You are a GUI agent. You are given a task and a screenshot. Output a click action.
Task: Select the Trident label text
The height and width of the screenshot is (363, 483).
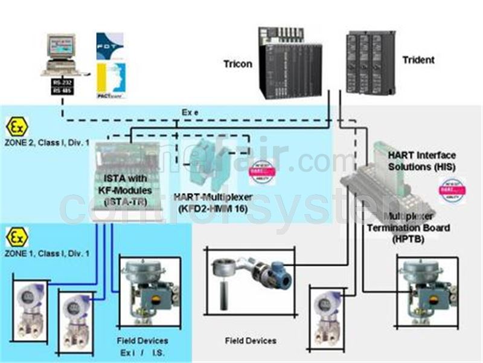pyautogui.click(x=418, y=60)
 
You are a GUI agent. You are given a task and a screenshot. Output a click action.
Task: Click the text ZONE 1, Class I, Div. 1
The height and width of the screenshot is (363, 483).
pyautogui.click(x=48, y=252)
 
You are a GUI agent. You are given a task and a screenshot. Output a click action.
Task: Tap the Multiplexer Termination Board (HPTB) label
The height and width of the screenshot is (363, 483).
pyautogui.click(x=417, y=227)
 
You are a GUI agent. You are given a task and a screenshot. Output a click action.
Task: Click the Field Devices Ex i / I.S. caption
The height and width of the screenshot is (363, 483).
pyautogui.click(x=144, y=346)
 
